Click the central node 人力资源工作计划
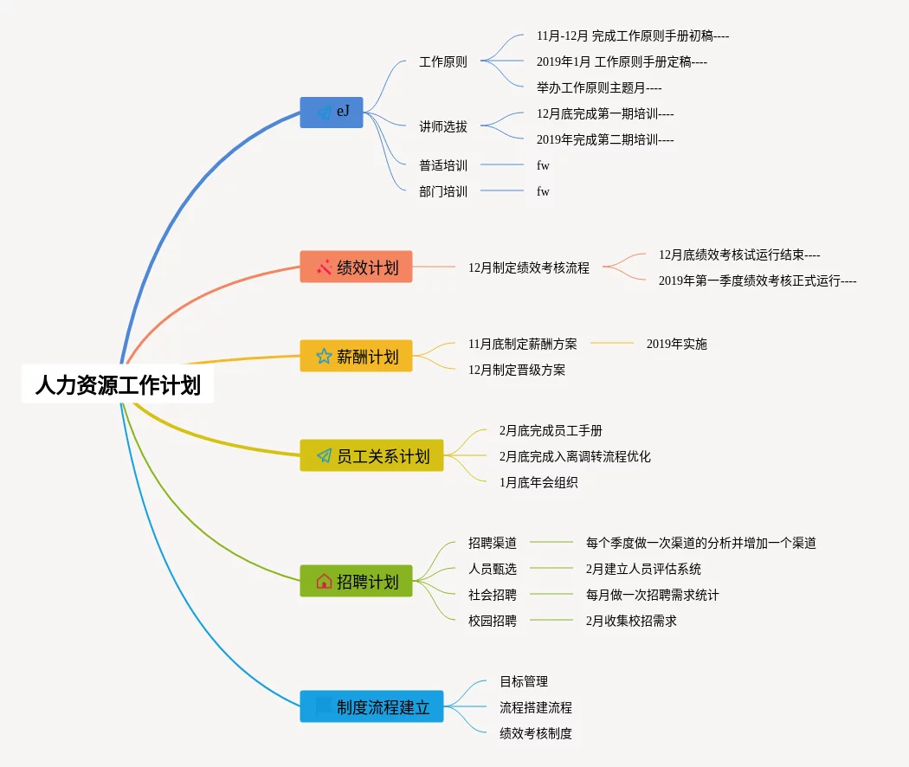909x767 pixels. [118, 384]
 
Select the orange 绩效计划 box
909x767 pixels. [356, 267]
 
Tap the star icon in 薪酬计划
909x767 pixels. [324, 356]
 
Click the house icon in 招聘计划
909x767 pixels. [324, 581]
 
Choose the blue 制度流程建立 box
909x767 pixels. [371, 706]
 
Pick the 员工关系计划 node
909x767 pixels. [371, 455]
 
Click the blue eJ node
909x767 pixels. [332, 113]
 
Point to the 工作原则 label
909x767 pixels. [443, 62]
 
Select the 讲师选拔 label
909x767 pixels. [443, 126]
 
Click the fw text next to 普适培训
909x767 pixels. [543, 165]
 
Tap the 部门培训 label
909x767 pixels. [443, 191]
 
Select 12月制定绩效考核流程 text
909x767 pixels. [529, 268]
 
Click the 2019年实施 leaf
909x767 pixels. [677, 344]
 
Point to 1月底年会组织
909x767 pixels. [538, 482]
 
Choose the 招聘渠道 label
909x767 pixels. [493, 543]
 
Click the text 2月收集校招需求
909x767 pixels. [631, 621]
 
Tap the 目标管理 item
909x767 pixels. [524, 681]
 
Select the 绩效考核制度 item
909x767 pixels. [536, 733]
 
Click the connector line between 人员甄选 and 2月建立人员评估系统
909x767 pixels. [551, 569]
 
